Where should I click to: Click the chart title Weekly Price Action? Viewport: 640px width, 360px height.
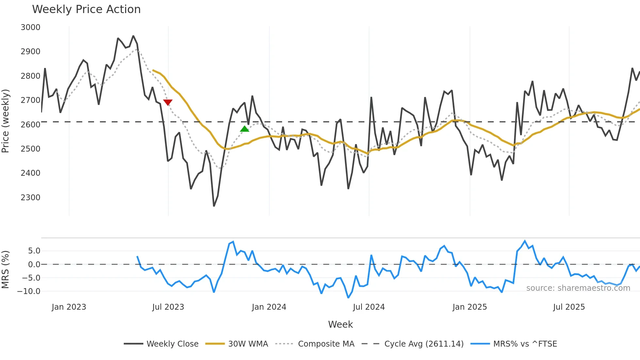[86, 9]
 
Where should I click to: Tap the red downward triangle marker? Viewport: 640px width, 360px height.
[168, 102]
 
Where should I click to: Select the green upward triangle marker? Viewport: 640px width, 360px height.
[245, 129]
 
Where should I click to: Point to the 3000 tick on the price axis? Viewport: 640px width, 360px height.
[30, 27]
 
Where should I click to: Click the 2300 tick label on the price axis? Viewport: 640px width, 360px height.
[30, 198]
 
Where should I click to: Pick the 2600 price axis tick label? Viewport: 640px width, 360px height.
[30, 124]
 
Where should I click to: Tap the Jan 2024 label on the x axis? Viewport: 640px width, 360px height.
[269, 307]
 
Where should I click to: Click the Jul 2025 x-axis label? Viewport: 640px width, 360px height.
[569, 307]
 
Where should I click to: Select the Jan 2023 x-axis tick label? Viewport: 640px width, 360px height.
[69, 307]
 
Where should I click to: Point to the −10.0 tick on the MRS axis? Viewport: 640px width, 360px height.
[29, 291]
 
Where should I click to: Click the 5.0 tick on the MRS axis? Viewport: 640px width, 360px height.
[34, 251]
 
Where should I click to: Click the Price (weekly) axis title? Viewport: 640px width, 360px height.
[6, 121]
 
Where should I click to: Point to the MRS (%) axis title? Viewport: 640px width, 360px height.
[6, 270]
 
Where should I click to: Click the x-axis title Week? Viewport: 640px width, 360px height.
[340, 324]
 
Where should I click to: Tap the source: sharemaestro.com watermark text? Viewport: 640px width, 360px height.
[578, 288]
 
